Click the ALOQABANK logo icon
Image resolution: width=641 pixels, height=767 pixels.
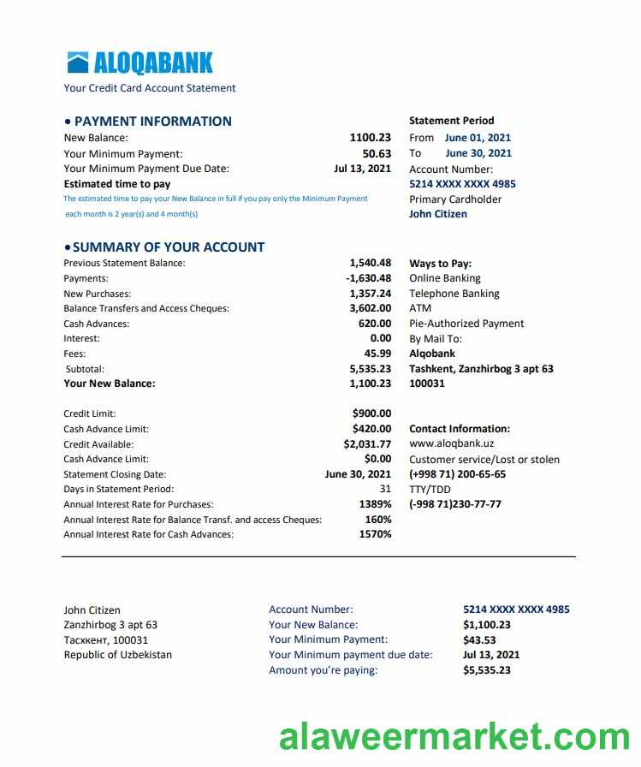point(78,62)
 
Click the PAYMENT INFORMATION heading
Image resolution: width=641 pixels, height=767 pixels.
point(152,122)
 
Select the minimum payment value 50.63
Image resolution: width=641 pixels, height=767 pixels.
point(377,154)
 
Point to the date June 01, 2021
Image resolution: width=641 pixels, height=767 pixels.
point(478,138)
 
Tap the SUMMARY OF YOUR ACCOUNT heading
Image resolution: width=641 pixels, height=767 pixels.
point(169,247)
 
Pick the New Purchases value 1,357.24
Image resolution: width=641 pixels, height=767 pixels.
point(371,294)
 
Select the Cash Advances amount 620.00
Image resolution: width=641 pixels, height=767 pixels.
point(375,324)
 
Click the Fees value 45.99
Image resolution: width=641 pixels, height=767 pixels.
point(377,354)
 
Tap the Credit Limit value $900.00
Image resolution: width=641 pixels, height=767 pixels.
point(371,413)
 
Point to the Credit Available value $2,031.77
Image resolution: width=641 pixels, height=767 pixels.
point(367,444)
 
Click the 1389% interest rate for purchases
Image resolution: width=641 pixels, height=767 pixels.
point(375,504)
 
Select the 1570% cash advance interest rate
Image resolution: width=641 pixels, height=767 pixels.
point(375,534)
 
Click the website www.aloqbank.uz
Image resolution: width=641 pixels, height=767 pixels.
point(451,444)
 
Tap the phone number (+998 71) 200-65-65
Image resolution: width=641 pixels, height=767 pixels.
point(457,474)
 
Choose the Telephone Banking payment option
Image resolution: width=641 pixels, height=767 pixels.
point(454,294)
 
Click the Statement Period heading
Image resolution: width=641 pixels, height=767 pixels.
point(451,121)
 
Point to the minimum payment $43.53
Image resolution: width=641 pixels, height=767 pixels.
point(479,639)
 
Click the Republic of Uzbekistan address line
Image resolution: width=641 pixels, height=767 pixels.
point(117,655)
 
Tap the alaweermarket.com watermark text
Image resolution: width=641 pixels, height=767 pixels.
point(454,737)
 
